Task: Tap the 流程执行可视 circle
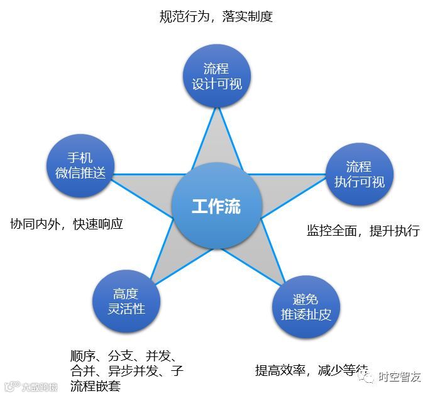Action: (359, 174)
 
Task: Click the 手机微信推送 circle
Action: (80, 165)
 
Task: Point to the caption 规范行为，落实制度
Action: (216, 17)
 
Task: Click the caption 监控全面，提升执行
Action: (363, 230)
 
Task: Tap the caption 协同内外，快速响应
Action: (67, 223)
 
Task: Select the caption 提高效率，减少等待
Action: (312, 370)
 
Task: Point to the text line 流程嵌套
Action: (96, 385)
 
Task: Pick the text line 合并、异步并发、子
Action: (128, 370)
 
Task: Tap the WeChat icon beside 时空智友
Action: (368, 377)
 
